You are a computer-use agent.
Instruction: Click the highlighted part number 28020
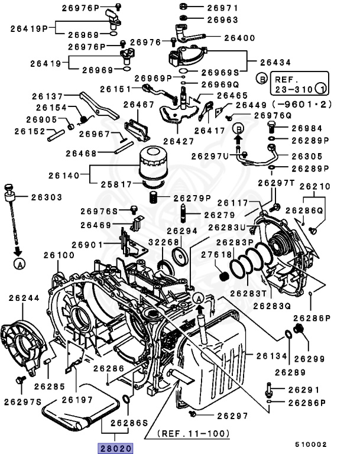[x=112, y=448]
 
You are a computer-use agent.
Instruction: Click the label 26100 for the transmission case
[x=59, y=255]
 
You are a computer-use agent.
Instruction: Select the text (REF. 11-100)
[x=193, y=434]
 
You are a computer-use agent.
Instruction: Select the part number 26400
[x=223, y=38]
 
